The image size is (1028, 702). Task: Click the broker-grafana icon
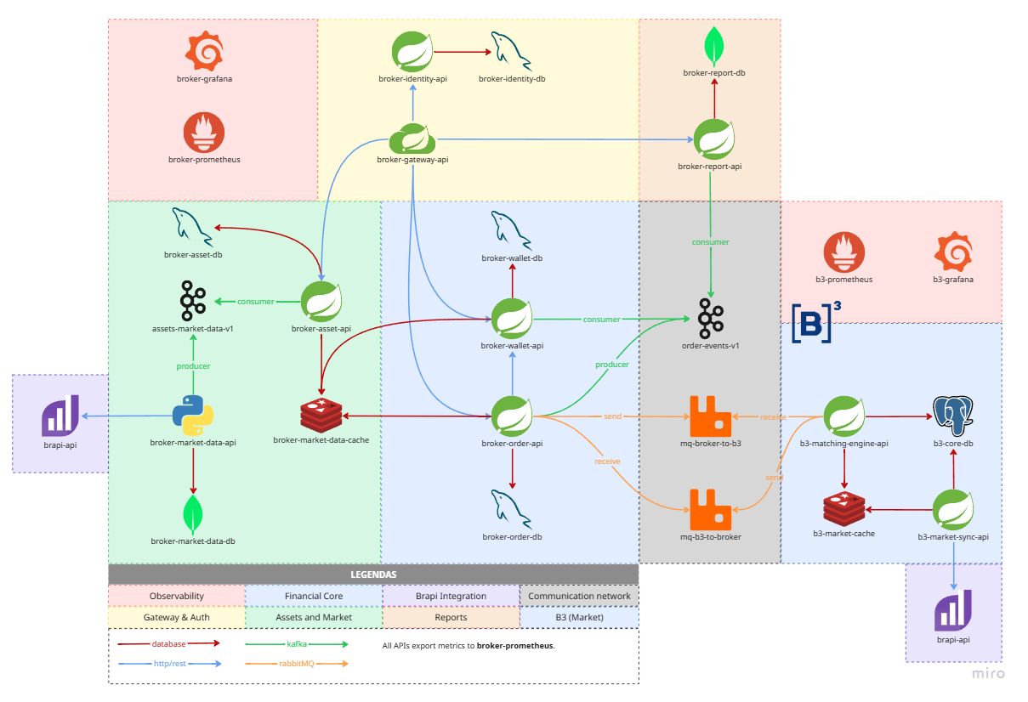tap(205, 51)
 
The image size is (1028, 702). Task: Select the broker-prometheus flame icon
tap(204, 132)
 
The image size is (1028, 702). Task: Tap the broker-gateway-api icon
tap(412, 139)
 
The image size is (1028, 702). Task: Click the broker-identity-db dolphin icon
tap(511, 51)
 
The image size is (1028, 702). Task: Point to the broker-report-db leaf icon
tap(714, 47)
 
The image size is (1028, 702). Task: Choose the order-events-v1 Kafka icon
tap(711, 319)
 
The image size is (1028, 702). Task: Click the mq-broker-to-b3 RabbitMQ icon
tap(711, 416)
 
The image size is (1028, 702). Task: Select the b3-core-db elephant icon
tap(953, 416)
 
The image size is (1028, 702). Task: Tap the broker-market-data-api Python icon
tap(193, 416)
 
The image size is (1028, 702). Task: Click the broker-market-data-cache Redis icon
tap(321, 416)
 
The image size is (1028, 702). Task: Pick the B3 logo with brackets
tap(816, 321)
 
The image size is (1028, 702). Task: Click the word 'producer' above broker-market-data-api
tap(193, 366)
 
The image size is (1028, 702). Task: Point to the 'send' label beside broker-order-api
tap(613, 416)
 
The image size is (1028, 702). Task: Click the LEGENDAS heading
tap(373, 575)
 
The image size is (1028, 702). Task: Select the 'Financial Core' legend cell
tap(314, 596)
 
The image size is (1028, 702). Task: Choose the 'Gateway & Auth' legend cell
tap(177, 617)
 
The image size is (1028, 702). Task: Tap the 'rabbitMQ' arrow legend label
tap(297, 664)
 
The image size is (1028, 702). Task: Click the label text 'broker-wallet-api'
tap(512, 346)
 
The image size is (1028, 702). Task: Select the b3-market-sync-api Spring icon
tap(953, 509)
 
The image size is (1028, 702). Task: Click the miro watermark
tap(989, 673)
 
